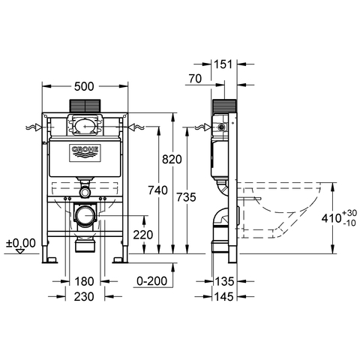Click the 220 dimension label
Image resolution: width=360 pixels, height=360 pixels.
pyautogui.click(x=142, y=234)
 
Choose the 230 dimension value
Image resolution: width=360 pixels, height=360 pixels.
pyautogui.click(x=84, y=296)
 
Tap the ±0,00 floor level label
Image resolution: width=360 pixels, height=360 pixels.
pyautogui.click(x=20, y=243)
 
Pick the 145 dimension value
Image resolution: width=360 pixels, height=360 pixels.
pyautogui.click(x=224, y=296)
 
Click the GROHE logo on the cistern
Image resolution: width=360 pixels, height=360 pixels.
pyautogui.click(x=85, y=153)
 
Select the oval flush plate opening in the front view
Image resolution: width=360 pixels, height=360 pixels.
pyautogui.click(x=85, y=125)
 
